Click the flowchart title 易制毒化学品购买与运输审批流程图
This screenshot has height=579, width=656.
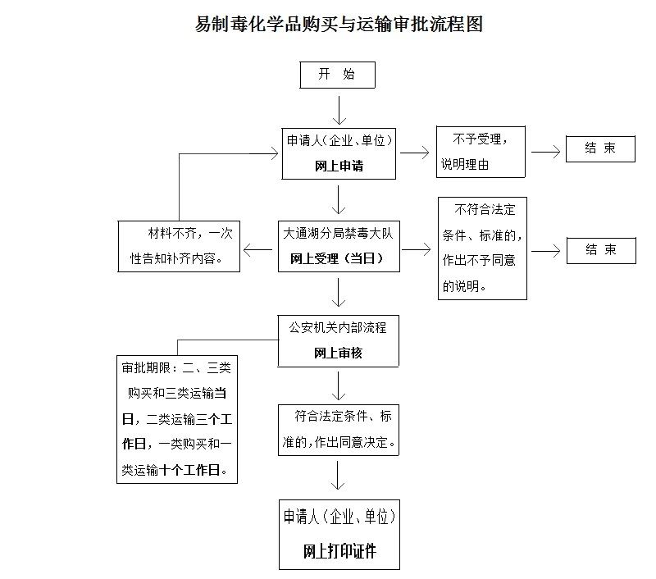[339, 24]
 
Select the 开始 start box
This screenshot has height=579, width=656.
[337, 75]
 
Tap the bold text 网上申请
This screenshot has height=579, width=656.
[339, 166]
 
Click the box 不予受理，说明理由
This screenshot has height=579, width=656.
[481, 152]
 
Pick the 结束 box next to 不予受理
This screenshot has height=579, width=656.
[600, 149]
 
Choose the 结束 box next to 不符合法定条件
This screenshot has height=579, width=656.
[601, 251]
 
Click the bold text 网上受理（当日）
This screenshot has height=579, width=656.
[337, 258]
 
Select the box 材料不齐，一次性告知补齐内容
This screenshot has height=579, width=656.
[179, 246]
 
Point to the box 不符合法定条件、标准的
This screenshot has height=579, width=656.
[482, 248]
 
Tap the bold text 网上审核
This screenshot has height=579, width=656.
[338, 353]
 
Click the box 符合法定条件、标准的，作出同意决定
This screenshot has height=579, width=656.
[339, 430]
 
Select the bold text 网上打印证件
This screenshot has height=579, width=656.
[339, 551]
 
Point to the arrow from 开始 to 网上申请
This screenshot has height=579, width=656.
[339, 111]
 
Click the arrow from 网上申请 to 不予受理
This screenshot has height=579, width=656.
[415, 153]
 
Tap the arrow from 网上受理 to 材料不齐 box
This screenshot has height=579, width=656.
[257, 250]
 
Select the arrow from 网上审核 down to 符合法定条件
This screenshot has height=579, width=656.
[338, 386]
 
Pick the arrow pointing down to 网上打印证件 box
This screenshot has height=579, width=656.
[338, 475]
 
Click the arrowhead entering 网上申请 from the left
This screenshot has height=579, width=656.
[276, 153]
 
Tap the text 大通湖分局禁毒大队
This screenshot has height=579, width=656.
[339, 233]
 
